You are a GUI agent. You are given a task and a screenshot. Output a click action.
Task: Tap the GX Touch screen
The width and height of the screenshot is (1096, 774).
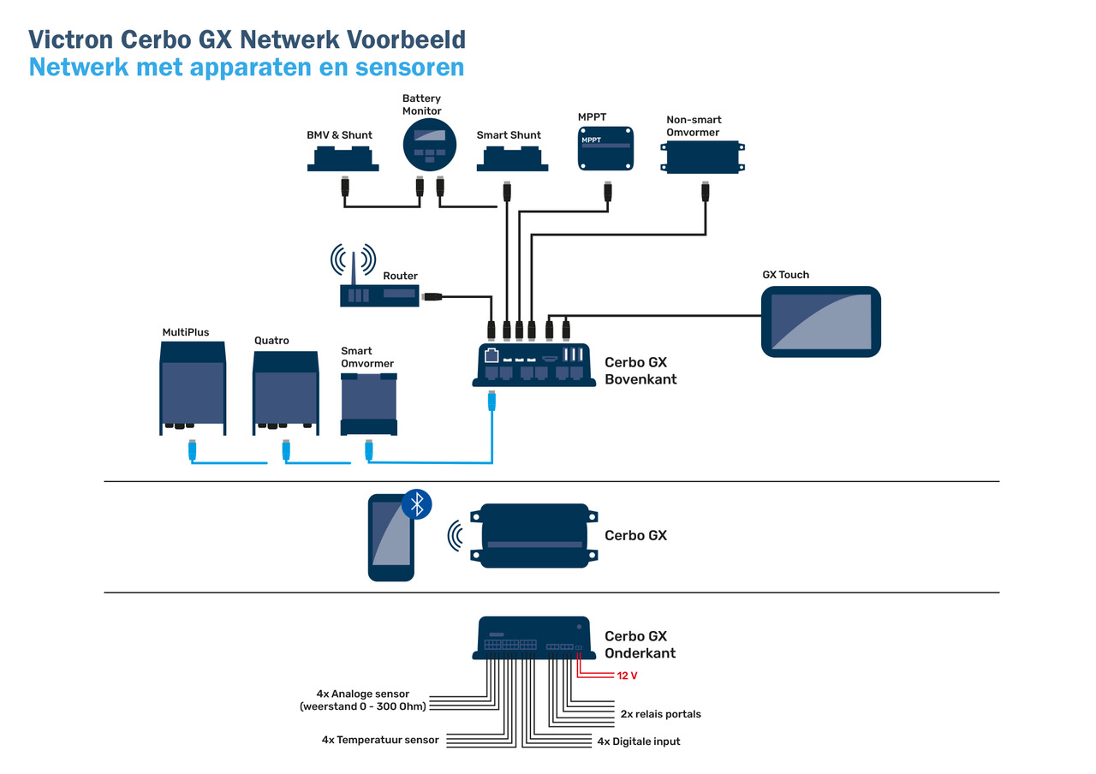point(821,322)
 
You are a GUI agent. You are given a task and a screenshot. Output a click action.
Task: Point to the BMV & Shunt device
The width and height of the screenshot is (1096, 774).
point(342,158)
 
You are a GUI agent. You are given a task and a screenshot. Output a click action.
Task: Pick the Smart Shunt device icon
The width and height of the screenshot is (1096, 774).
point(512,158)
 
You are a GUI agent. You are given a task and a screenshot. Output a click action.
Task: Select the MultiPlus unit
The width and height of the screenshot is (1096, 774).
point(193,388)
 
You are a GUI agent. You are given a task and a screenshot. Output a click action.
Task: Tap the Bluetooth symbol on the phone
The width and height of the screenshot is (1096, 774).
point(417,504)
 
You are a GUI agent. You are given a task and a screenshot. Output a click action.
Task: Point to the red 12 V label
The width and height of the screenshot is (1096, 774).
point(628,676)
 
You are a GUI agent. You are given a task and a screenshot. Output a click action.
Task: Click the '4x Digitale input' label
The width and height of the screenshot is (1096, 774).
point(639,741)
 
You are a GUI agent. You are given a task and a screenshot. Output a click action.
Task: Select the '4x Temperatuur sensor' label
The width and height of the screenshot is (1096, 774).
point(380,740)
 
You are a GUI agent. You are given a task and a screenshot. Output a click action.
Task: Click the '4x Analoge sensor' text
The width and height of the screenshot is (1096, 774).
point(363,694)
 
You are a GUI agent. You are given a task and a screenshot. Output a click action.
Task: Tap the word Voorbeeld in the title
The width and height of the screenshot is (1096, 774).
point(399,39)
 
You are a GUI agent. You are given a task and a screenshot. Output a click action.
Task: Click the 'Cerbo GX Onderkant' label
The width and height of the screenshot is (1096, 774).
point(640,645)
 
